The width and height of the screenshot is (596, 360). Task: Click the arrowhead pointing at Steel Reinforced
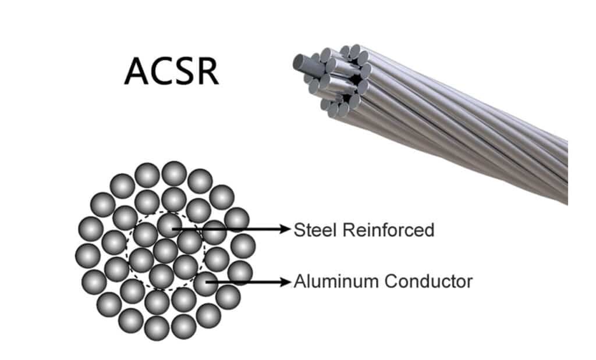click(x=286, y=229)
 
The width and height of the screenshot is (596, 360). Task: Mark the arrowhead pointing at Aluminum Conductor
click(x=286, y=282)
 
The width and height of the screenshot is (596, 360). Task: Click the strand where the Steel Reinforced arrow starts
click(x=169, y=225)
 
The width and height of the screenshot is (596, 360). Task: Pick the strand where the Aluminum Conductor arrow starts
click(x=205, y=284)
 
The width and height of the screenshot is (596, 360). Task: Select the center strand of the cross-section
click(x=166, y=251)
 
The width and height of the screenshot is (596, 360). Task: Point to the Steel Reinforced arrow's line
click(x=233, y=229)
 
